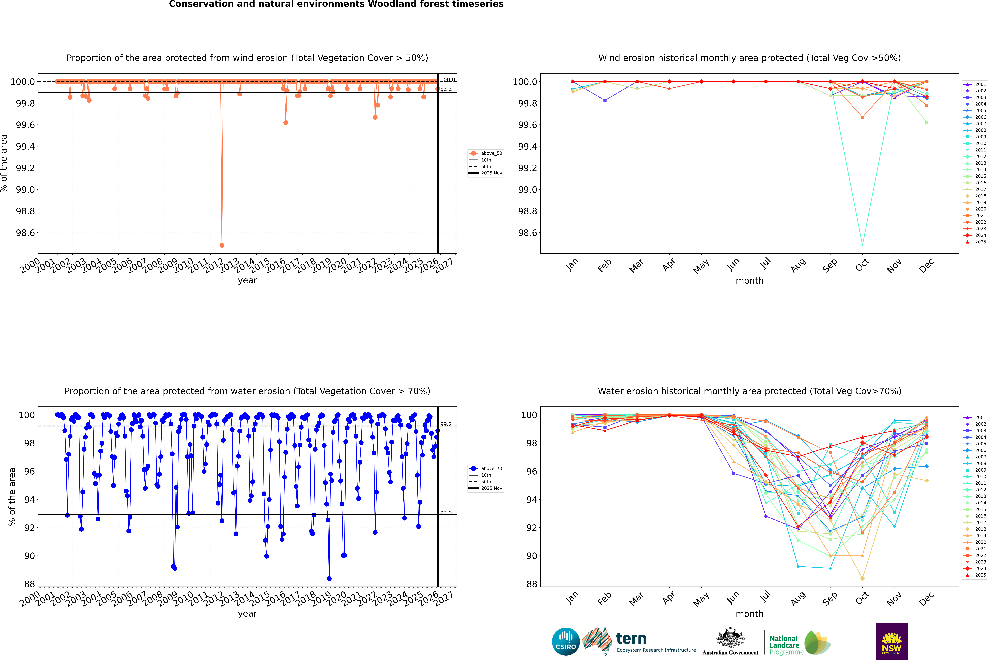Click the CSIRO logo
pos(566,642)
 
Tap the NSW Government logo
pos(892,642)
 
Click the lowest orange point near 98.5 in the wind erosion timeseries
pos(222,245)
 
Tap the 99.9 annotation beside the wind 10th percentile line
pos(446,90)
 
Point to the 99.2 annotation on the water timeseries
pos(446,424)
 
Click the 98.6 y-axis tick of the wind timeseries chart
pos(25,233)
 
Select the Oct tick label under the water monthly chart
pos(862,598)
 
